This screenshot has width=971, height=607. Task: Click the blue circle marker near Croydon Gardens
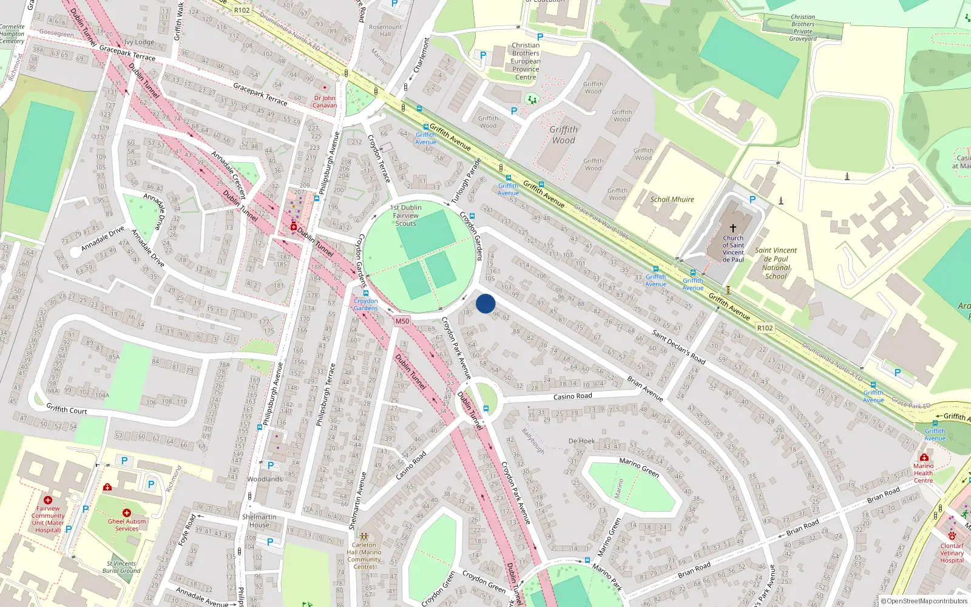coord(486,303)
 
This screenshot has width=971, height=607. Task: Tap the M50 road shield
coord(402,321)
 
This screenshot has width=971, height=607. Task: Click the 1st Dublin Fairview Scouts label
coord(405,215)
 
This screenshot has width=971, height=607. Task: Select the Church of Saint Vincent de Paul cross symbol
coord(733,228)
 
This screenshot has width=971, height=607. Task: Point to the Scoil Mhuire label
coord(672,199)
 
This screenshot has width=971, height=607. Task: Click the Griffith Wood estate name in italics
coord(563,135)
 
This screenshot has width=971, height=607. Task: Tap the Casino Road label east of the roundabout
coord(572,396)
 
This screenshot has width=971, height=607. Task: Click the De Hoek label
coord(581,441)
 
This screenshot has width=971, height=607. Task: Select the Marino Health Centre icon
coord(924,458)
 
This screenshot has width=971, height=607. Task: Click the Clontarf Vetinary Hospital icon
coord(952,536)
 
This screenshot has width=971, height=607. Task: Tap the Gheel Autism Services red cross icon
coord(127,513)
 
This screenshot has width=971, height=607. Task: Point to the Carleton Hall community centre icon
coord(364,537)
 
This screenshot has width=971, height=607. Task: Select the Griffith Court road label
coord(67,410)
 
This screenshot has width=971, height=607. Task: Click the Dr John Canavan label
coord(325,101)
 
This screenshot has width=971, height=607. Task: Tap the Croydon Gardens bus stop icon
coord(365,293)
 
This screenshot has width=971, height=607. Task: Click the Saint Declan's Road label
coord(678,347)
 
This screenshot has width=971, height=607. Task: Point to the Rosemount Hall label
coord(385,30)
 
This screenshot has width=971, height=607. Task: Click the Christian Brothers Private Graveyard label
coord(803,28)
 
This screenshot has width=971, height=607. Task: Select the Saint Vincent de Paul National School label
coord(776,263)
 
